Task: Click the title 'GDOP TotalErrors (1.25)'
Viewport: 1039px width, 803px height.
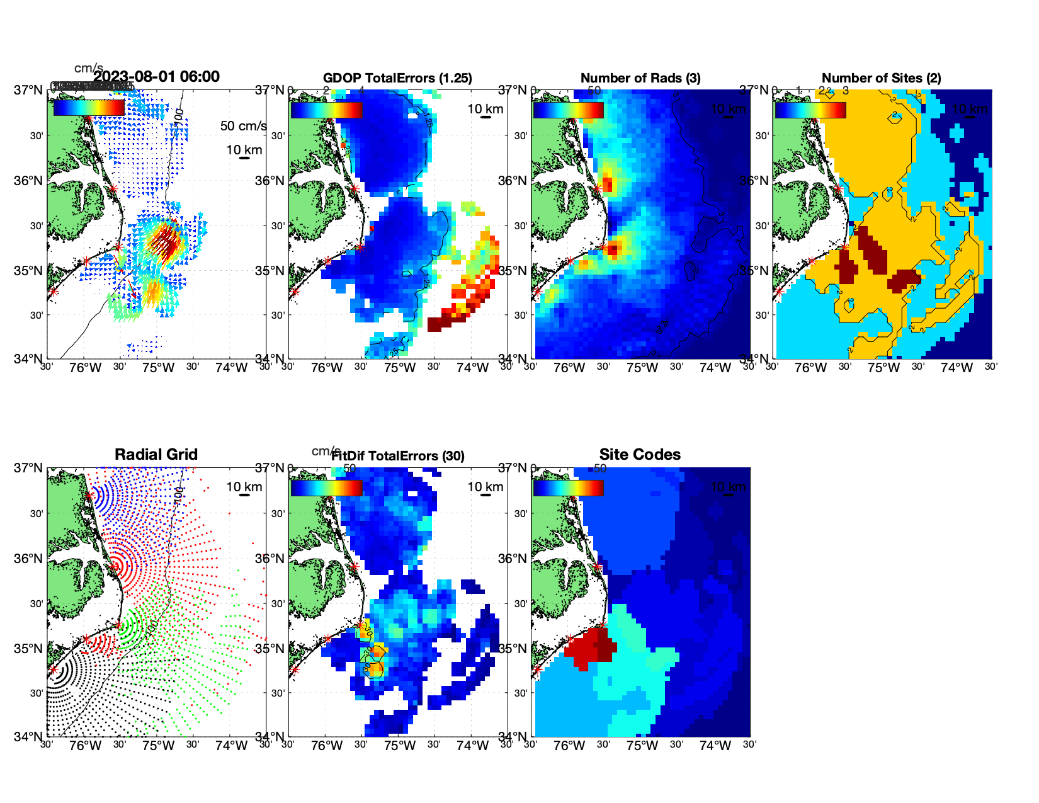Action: (397, 78)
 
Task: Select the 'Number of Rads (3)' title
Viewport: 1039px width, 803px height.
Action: (640, 78)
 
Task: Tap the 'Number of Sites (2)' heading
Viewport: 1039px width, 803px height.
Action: (881, 78)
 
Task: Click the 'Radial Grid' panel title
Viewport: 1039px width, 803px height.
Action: (156, 455)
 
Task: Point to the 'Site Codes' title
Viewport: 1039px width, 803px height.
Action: (640, 455)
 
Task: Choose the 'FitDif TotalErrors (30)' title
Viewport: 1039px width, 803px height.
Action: (398, 456)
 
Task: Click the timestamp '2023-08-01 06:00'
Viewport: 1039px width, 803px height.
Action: (156, 77)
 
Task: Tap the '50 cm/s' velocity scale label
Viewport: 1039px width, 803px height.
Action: (243, 126)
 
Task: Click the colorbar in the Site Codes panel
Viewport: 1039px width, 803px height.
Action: (568, 488)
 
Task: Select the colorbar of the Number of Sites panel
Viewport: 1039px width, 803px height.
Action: (810, 110)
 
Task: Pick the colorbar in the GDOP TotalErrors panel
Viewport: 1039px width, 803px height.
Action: (326, 110)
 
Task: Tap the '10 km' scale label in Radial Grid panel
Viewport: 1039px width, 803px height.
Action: (244, 487)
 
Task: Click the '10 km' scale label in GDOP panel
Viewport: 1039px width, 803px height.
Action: (485, 109)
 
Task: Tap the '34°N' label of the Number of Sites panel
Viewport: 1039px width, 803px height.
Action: (754, 359)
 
